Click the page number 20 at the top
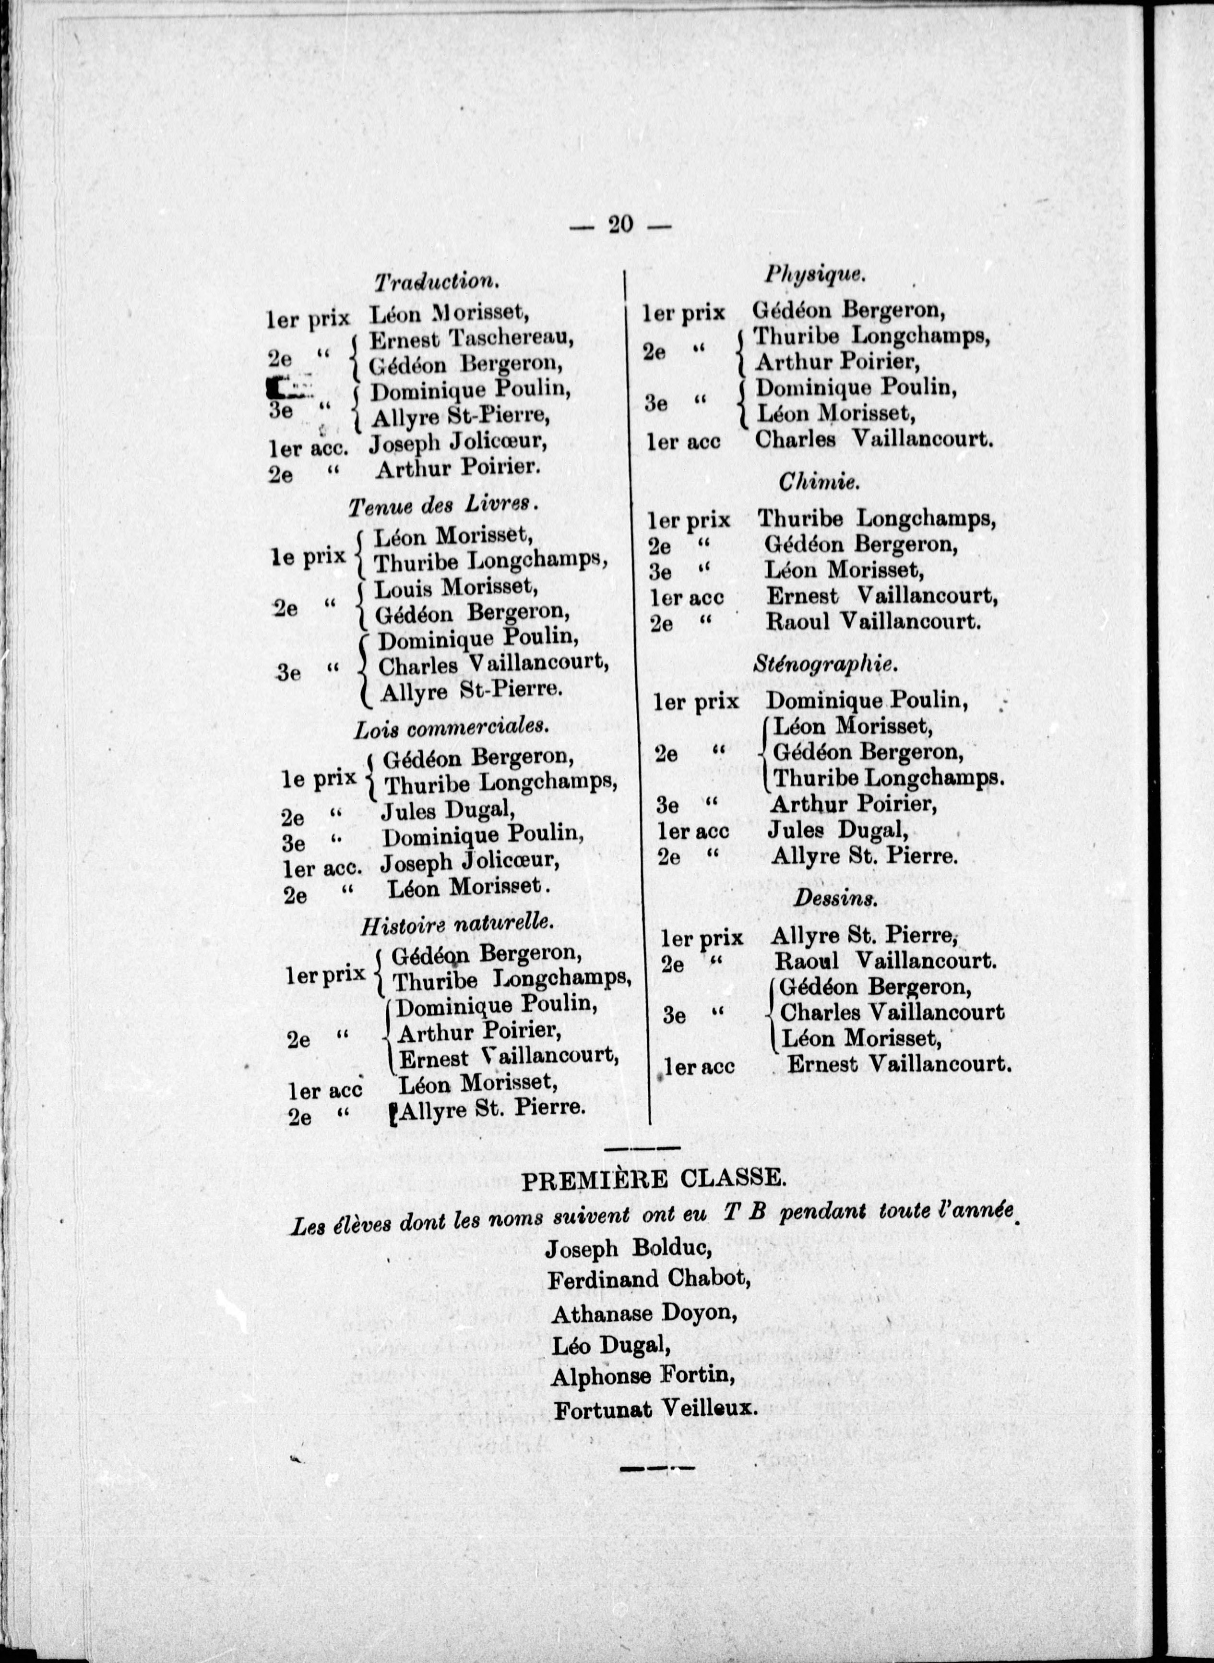(621, 224)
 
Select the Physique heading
(814, 274)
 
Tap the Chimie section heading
(818, 482)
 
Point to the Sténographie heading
(825, 664)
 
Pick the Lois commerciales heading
(451, 728)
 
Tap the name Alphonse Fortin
(643, 1376)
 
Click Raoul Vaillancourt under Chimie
(873, 622)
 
